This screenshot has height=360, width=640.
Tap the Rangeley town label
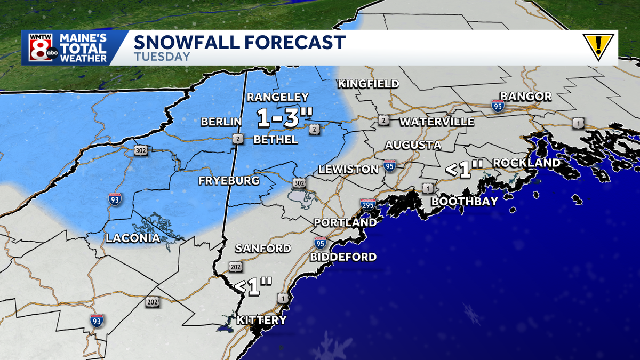click(277, 97)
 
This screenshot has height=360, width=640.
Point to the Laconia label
click(133, 238)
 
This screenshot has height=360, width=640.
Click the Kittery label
click(261, 320)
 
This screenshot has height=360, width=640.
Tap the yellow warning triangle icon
click(598, 47)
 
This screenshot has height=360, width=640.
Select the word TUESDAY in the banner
click(162, 57)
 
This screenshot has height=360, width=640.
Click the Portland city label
click(345, 222)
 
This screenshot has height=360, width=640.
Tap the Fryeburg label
click(229, 180)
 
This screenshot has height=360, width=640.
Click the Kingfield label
click(368, 84)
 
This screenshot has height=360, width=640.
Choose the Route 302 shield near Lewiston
click(300, 183)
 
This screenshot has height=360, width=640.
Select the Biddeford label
click(343, 257)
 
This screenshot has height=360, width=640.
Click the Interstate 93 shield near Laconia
click(114, 199)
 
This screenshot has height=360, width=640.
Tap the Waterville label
click(437, 122)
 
